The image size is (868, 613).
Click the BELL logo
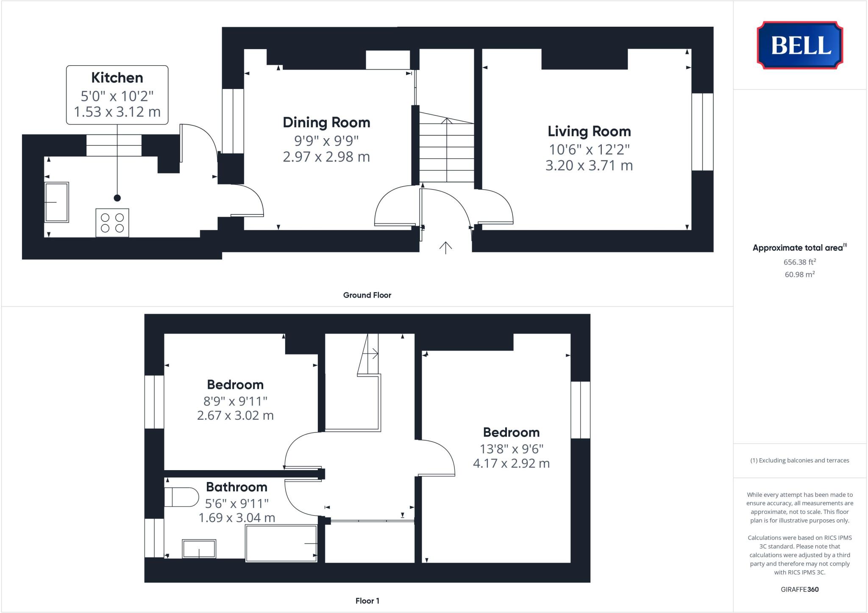point(800,45)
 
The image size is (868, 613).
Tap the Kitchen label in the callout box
point(117,78)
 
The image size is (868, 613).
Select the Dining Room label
point(326,123)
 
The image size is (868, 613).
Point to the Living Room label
point(589,131)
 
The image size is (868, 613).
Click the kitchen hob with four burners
point(112,223)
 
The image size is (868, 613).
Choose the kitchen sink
point(56,202)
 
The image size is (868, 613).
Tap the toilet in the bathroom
point(182,497)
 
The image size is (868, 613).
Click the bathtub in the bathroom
point(281,543)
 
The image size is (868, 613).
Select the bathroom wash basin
point(199,549)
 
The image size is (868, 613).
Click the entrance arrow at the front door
point(445,248)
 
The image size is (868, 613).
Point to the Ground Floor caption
point(367,295)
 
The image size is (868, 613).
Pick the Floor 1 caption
point(367,601)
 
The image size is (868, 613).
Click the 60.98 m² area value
point(800,274)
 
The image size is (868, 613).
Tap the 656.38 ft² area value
point(800,262)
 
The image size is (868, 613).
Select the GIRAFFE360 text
point(800,589)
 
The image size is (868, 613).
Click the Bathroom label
point(236,487)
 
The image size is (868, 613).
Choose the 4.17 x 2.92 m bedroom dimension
point(511,463)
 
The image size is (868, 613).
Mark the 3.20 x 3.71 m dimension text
point(589,165)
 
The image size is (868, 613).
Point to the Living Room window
point(702,132)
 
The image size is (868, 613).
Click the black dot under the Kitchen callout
point(117,198)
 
